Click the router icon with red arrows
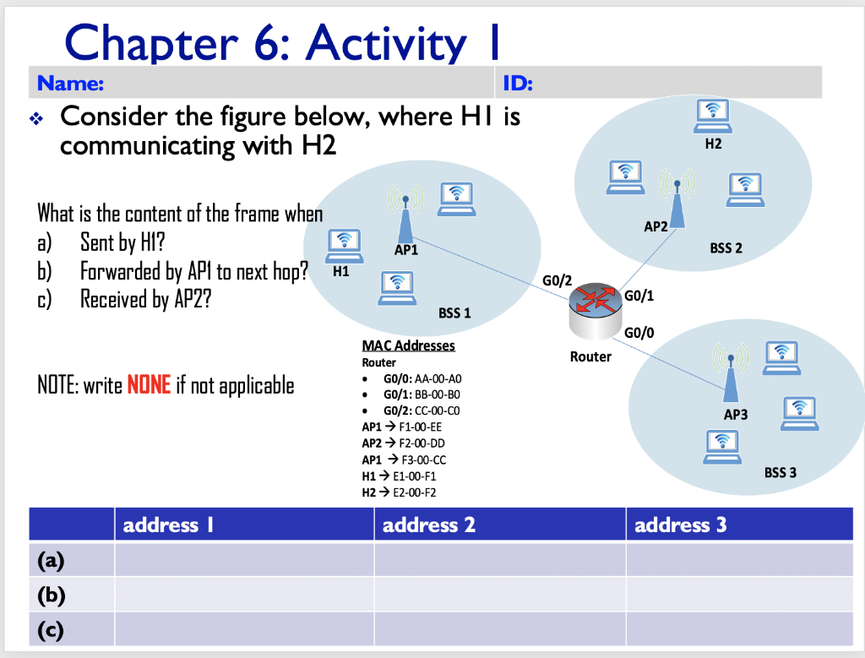[x=595, y=310]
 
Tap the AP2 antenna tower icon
[x=677, y=198]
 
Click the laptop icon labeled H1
[x=345, y=247]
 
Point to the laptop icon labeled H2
[x=713, y=117]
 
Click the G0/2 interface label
[x=558, y=280]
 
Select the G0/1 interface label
[x=639, y=296]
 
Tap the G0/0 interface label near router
[x=639, y=333]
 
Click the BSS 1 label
[x=454, y=313]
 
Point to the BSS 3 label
[x=780, y=473]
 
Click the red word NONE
[x=149, y=385]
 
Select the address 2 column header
[x=428, y=525]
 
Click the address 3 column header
[x=680, y=525]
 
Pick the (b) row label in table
[x=52, y=595]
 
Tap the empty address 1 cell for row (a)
[x=244, y=560]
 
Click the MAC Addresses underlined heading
[x=408, y=345]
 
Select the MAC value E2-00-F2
[x=414, y=492]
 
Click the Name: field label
[x=70, y=84]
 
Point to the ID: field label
[x=518, y=84]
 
